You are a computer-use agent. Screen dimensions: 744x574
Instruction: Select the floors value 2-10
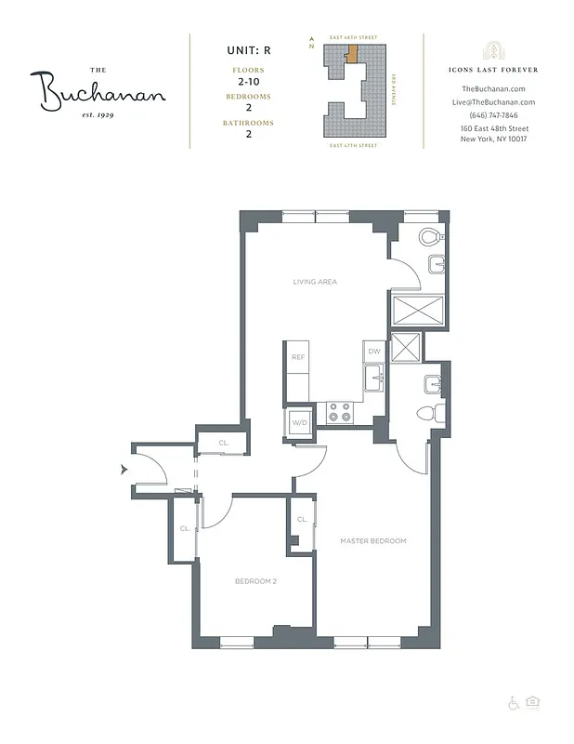[x=248, y=82]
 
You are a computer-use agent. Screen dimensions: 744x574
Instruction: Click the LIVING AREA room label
[x=315, y=280]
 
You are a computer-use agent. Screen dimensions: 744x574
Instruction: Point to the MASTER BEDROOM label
[x=373, y=540]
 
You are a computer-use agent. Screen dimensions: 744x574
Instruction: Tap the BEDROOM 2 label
[x=256, y=581]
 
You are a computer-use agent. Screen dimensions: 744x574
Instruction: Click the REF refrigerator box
[x=298, y=357]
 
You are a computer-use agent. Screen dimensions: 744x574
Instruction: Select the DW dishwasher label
[x=374, y=352]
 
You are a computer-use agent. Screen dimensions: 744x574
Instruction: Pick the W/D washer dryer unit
[x=299, y=423]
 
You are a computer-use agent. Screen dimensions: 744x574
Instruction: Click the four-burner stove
[x=340, y=412]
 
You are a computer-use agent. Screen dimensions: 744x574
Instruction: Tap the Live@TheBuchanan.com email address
[x=492, y=101]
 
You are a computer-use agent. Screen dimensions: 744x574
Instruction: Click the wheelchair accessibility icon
[x=514, y=703]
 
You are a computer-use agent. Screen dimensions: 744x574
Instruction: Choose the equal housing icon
[x=532, y=703]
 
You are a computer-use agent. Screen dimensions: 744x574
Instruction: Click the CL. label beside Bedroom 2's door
[x=186, y=528]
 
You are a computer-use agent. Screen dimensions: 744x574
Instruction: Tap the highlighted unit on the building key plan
[x=352, y=50]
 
